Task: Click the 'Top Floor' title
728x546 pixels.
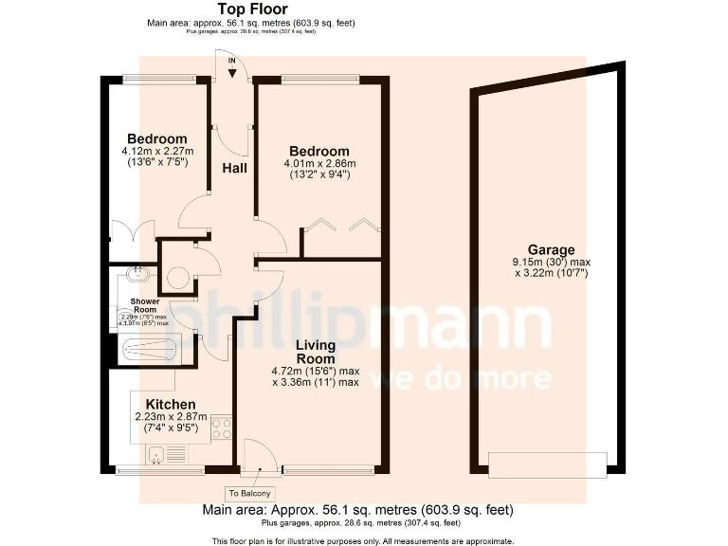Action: (x=251, y=9)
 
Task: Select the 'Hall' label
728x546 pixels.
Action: (x=234, y=168)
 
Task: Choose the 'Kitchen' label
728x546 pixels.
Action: (x=171, y=405)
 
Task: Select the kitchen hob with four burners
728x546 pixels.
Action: (x=222, y=428)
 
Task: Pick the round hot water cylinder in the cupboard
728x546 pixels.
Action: (x=176, y=278)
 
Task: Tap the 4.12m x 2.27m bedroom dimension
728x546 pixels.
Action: (x=157, y=151)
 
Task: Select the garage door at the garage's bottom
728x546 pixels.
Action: (x=547, y=464)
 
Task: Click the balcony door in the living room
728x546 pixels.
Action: (x=259, y=456)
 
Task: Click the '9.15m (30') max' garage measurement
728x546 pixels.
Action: (x=552, y=263)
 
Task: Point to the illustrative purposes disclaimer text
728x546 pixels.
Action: (x=362, y=540)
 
